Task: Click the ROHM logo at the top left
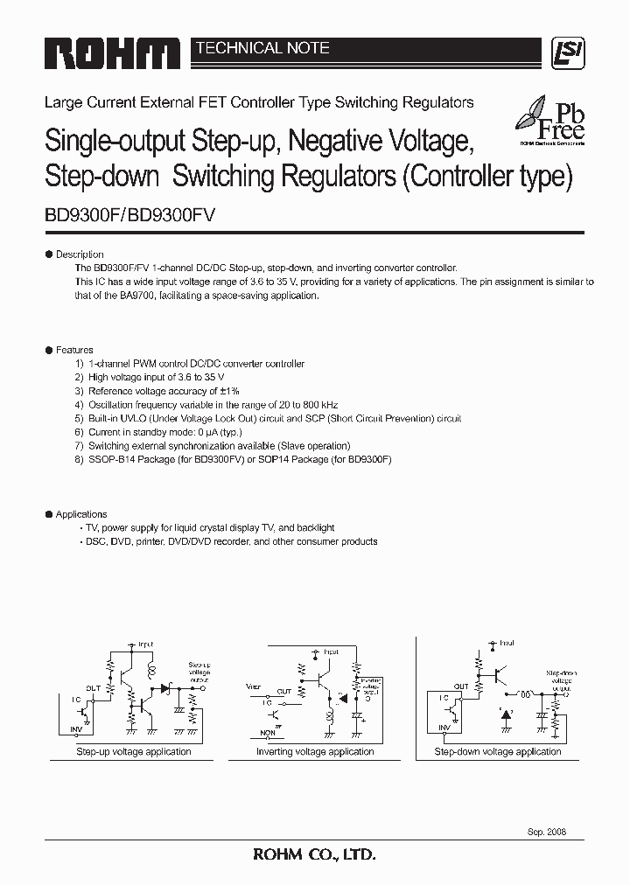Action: click(x=112, y=54)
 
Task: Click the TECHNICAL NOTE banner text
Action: click(x=262, y=48)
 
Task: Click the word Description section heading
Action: click(x=79, y=254)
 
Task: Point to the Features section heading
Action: click(x=74, y=350)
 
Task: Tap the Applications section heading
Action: click(x=80, y=514)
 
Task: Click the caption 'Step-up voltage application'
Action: click(x=134, y=751)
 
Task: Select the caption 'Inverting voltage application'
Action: click(x=315, y=751)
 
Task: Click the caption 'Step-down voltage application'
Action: click(x=498, y=751)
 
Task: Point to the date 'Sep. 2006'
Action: click(x=547, y=832)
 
